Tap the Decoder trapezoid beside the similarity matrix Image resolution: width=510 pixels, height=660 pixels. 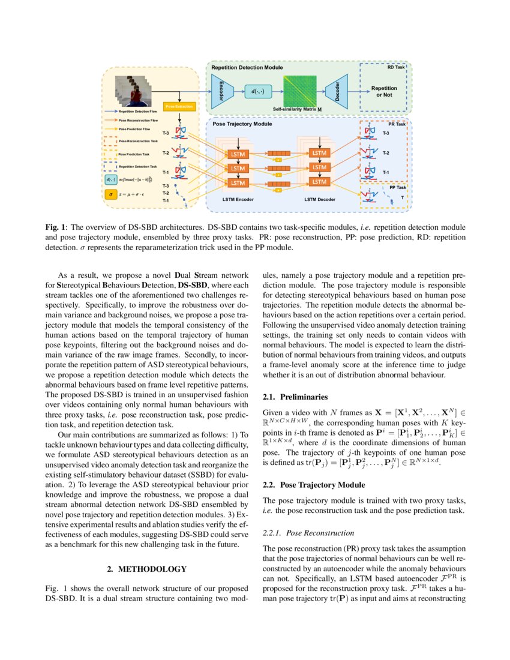337,91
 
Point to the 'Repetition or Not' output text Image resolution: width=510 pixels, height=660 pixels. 384,91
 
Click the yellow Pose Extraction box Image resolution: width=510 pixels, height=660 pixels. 179,106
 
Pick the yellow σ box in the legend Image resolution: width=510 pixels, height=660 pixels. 111,194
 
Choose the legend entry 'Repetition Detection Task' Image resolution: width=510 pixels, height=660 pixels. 138,166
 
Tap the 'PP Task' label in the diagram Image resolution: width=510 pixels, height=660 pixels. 396,187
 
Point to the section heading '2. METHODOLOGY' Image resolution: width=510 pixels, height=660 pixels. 146,569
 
